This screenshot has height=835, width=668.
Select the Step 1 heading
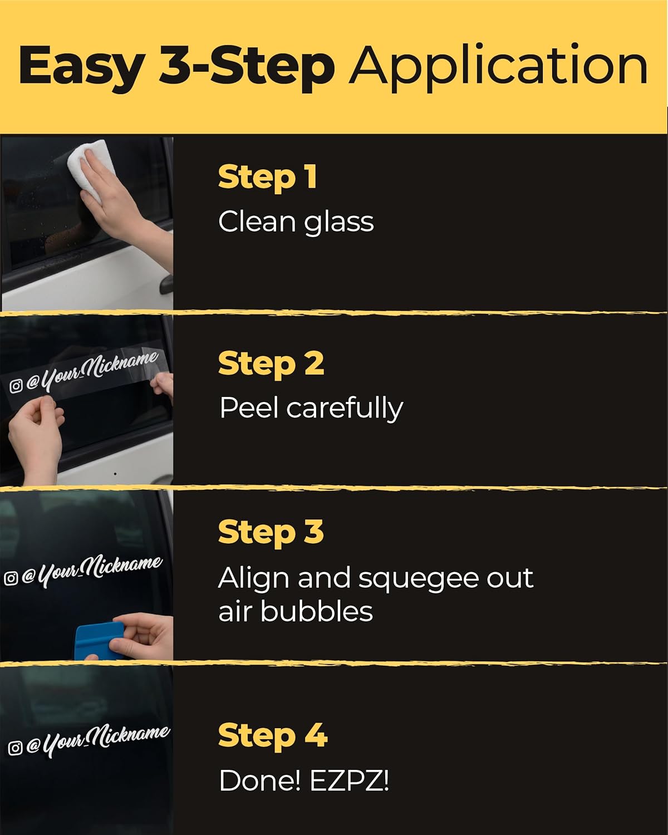click(x=267, y=178)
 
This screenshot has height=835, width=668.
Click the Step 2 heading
click(x=271, y=365)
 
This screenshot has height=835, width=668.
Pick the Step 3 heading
click(x=271, y=533)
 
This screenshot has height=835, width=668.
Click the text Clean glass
click(x=296, y=223)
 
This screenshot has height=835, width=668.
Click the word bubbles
click(x=316, y=612)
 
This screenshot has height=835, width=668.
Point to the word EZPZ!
click(x=350, y=780)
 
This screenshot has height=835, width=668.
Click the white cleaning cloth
click(x=92, y=168)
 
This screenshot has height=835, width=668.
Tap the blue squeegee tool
click(x=99, y=641)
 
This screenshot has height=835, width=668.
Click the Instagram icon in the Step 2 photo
click(x=16, y=386)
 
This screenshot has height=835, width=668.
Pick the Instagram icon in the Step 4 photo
click(x=14, y=748)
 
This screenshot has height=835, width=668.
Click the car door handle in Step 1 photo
click(x=166, y=284)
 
